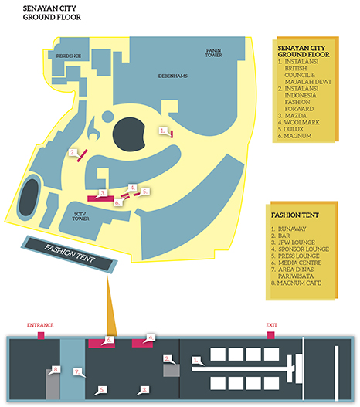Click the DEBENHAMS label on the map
[x=173, y=76]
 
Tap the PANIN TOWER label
[x=214, y=53]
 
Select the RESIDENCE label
[x=69, y=56]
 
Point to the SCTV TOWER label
[x=80, y=216]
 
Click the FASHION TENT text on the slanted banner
[x=70, y=253]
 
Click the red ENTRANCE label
[x=40, y=325]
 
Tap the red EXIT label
[x=271, y=325]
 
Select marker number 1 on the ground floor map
[x=163, y=131]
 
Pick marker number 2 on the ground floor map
[x=73, y=153]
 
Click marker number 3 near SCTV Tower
[x=103, y=193]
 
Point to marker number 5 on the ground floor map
[x=145, y=192]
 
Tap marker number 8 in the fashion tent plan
[x=56, y=369]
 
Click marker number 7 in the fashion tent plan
[x=77, y=372]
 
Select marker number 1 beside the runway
[x=196, y=361]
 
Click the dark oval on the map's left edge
[x=29, y=198]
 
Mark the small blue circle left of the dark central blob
[x=107, y=117]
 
